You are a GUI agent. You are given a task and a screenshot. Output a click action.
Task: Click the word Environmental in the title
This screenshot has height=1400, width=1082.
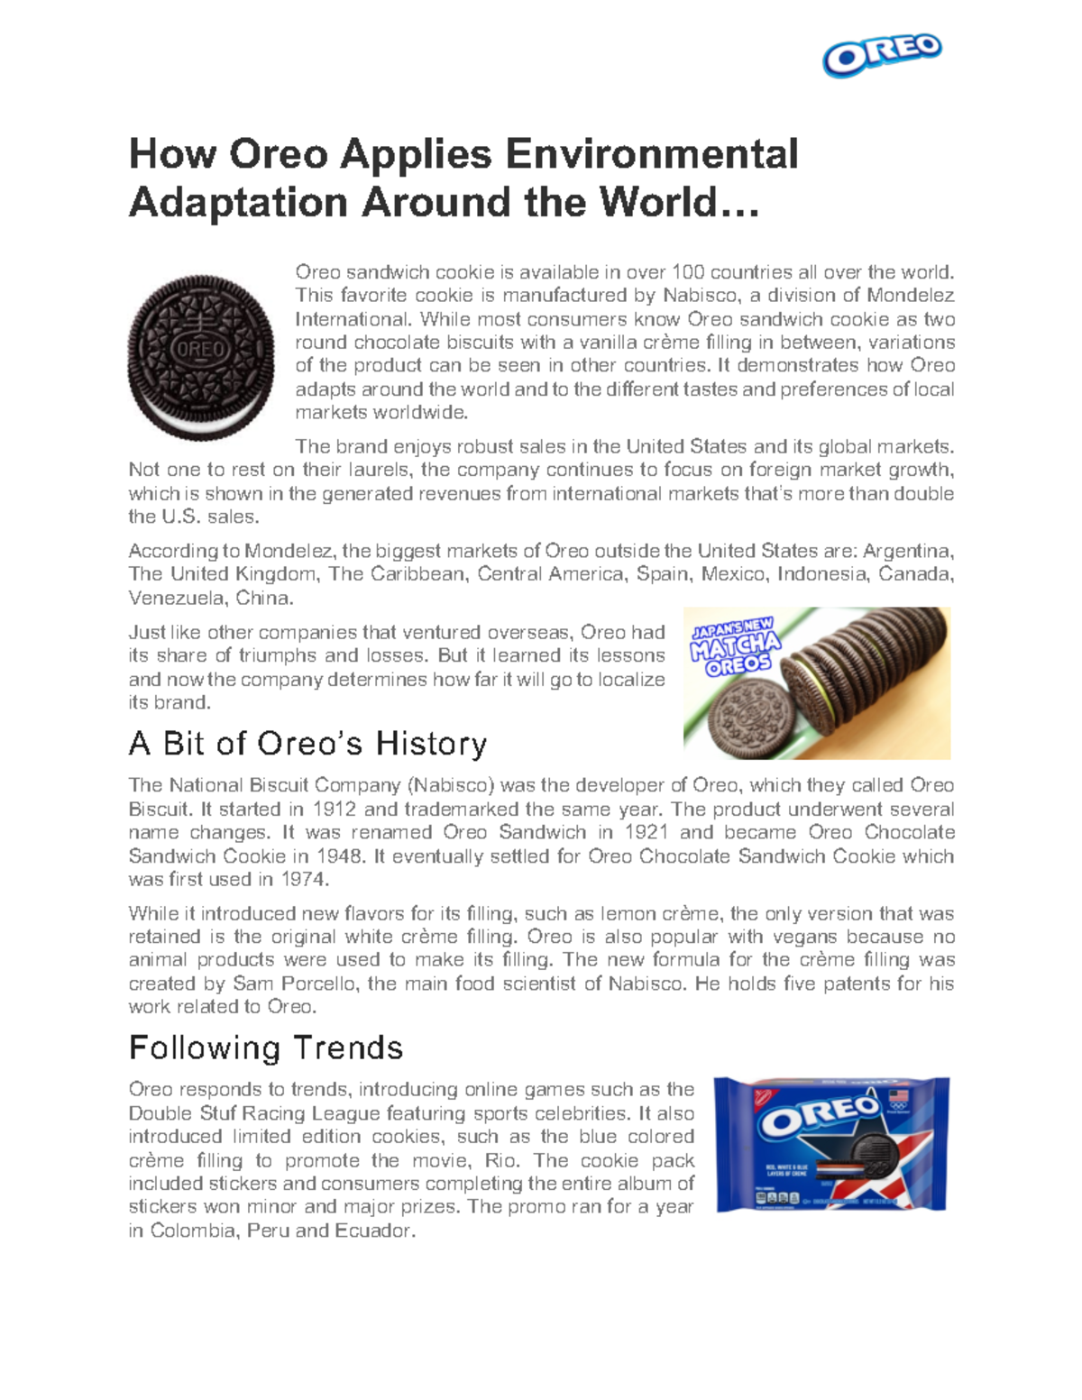[x=651, y=154]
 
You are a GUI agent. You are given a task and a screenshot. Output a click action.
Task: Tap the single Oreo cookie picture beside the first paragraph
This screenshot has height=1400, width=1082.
[x=200, y=357]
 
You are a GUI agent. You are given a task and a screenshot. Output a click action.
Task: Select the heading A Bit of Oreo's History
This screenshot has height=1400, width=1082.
[x=307, y=744]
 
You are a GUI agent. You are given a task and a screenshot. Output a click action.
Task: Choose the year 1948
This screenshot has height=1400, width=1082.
[x=343, y=856]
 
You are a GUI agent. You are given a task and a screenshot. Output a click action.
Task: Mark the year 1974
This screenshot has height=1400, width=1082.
[x=304, y=879]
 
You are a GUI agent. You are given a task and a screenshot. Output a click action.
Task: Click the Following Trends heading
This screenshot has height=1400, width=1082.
[x=266, y=1048]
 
